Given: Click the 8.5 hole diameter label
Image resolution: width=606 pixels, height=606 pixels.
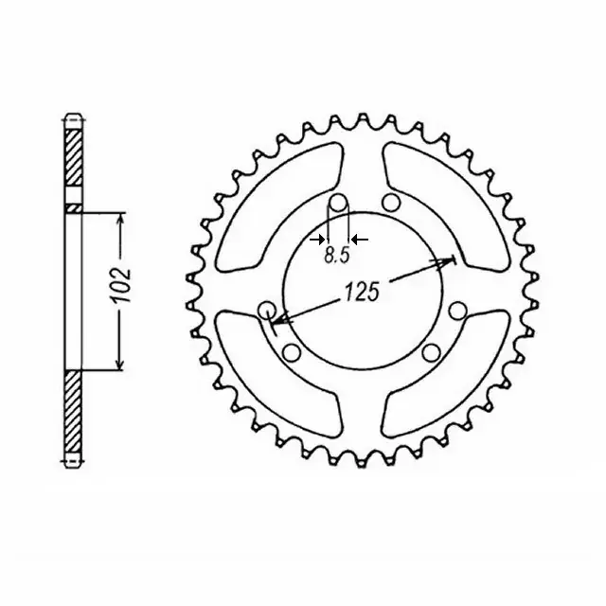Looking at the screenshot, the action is pos(337,255).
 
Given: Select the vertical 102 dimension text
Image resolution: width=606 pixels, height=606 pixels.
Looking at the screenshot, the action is pos(120,285).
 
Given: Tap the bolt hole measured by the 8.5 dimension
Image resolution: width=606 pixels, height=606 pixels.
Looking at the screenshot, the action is pos(339,203).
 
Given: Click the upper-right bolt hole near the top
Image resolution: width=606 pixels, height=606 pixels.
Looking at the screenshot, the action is pos(391,203).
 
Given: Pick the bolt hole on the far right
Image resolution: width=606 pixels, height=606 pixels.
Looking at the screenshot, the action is pos(458,310).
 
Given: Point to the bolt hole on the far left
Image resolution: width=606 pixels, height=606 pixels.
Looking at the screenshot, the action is pos(267,310).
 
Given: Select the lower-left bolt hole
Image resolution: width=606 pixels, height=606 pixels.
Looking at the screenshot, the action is pos(292,352).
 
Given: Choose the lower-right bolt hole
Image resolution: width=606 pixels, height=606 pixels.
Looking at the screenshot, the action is pos(432,352).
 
